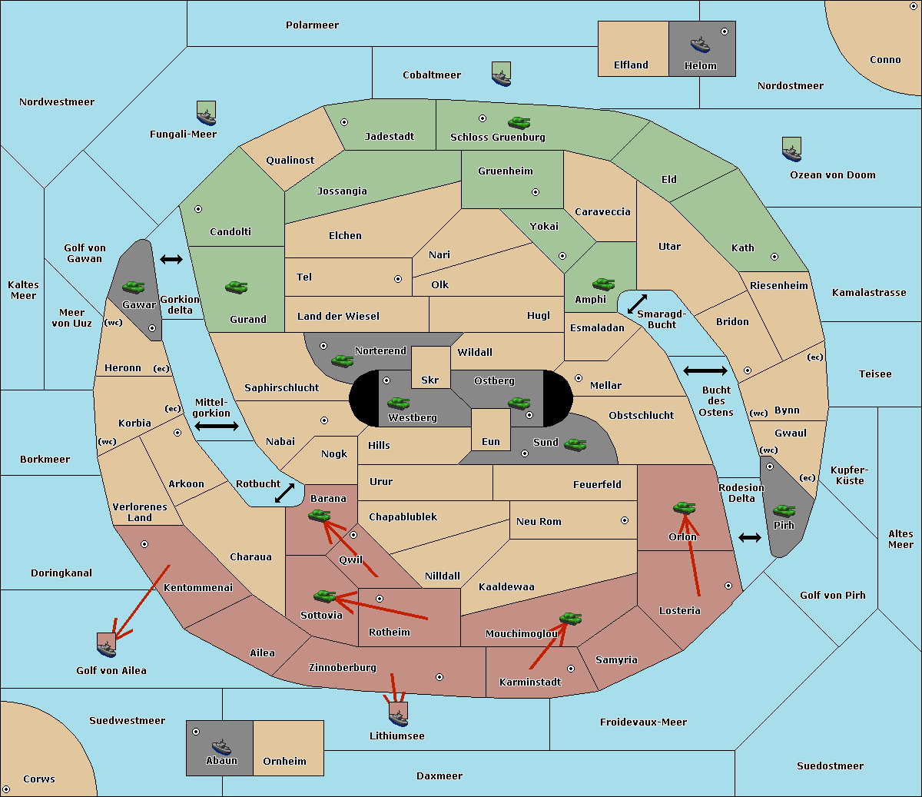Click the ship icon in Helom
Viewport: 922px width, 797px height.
700,44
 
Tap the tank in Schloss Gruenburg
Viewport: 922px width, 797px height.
519,122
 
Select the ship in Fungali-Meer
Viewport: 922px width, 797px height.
206,113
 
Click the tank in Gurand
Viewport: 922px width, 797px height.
237,287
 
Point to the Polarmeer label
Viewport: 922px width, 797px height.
312,25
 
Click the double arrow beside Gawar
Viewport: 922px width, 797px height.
171,259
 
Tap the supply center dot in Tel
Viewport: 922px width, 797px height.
398,279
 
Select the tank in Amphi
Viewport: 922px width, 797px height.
603,284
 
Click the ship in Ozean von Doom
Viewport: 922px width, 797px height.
791,150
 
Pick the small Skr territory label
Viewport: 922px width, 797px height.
430,380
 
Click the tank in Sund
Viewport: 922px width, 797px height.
575,444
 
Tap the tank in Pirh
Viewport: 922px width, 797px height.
784,510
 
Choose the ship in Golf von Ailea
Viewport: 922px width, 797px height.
107,646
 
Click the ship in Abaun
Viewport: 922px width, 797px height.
221,746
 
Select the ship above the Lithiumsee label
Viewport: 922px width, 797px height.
398,715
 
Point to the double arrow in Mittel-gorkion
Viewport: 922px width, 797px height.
217,426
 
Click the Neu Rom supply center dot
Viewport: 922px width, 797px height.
625,520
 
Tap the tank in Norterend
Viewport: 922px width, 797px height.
342,361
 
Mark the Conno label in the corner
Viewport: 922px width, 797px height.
885,60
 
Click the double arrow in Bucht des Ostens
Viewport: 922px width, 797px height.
705,370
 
